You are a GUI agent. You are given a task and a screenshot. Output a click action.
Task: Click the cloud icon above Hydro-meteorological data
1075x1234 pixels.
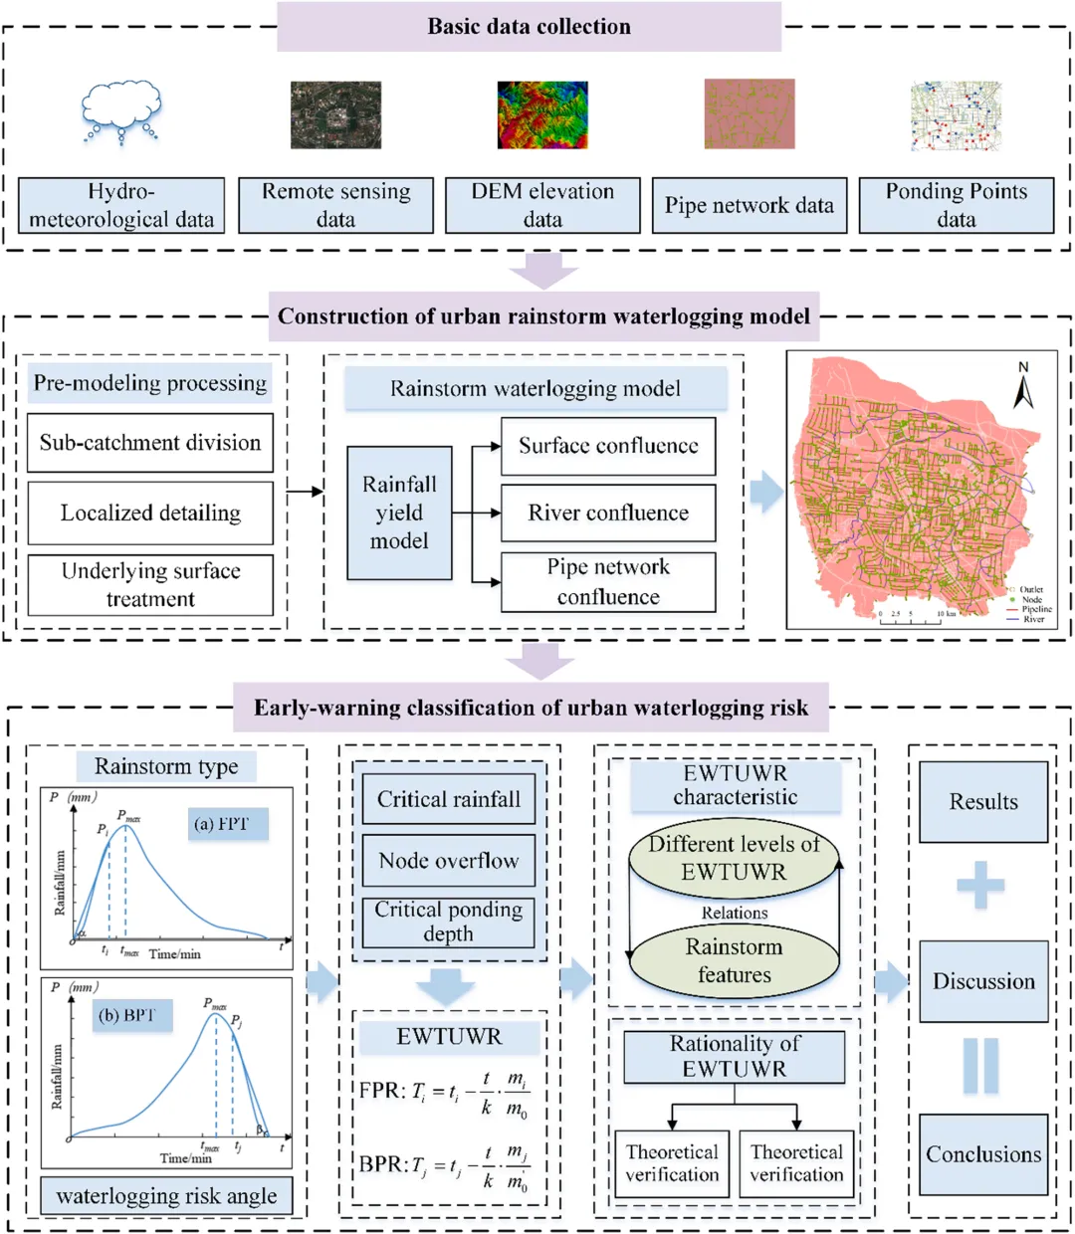(x=121, y=110)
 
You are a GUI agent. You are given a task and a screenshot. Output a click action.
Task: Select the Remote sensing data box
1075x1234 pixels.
(x=335, y=205)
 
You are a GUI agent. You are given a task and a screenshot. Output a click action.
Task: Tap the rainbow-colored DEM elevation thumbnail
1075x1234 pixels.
(x=542, y=115)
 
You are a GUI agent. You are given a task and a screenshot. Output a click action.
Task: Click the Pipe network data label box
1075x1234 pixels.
(x=749, y=205)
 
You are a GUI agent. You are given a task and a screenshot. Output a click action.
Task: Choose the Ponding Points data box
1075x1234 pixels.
(x=956, y=205)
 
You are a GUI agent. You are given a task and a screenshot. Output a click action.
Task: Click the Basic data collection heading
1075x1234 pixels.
(x=529, y=27)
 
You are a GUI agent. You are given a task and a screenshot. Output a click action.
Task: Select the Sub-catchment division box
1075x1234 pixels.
(x=150, y=443)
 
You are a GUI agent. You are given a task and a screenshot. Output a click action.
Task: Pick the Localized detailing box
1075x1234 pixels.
(x=150, y=513)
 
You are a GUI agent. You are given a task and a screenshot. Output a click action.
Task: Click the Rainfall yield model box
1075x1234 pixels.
(x=399, y=513)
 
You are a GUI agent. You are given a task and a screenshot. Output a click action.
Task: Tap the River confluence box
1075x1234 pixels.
(x=608, y=513)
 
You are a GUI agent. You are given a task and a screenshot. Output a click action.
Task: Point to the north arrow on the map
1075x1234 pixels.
(x=1022, y=386)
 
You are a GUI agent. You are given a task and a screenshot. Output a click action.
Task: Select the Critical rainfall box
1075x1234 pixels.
(x=449, y=799)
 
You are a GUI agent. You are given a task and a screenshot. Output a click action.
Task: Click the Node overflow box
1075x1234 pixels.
(x=449, y=861)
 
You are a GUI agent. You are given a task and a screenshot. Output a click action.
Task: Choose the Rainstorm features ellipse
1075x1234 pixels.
(x=734, y=960)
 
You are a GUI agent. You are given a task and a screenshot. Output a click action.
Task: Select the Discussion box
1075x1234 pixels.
(x=983, y=981)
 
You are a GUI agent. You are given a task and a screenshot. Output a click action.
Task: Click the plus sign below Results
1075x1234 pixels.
(x=980, y=885)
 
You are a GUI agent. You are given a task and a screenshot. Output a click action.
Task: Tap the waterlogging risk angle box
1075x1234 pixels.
(x=166, y=1196)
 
